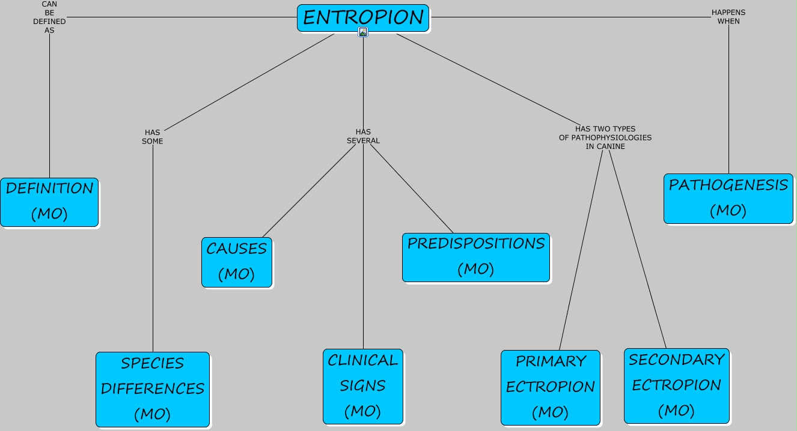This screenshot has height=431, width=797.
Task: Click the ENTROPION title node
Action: tap(363, 17)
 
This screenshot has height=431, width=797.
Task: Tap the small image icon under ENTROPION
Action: tap(363, 32)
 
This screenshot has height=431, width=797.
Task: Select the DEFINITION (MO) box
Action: tap(49, 202)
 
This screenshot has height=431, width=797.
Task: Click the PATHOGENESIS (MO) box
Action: tap(728, 198)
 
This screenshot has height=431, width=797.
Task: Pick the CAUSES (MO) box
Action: tap(237, 262)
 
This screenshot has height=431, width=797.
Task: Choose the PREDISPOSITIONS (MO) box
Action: tap(475, 257)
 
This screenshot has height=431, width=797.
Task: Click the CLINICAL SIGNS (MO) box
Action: tap(363, 386)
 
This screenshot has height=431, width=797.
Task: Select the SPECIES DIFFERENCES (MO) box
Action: tap(153, 389)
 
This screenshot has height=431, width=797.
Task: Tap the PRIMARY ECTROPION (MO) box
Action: tap(550, 387)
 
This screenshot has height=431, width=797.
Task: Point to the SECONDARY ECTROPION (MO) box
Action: tap(676, 385)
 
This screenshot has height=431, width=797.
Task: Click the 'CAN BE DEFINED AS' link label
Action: tap(49, 17)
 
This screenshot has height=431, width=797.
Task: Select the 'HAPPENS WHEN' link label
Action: tap(728, 17)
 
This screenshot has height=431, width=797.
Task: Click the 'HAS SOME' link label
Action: tap(153, 137)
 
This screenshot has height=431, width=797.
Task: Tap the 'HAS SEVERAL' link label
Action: tap(363, 136)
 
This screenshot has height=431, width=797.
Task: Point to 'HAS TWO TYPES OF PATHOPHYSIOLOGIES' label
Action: tap(605, 137)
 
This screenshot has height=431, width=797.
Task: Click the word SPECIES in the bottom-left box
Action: tap(153, 364)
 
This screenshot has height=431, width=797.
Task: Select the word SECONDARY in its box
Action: tap(676, 360)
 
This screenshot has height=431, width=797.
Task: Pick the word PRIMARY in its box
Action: tap(551, 361)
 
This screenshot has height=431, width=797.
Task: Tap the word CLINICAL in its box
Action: tap(363, 360)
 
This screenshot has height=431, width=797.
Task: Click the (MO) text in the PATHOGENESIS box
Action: tap(728, 211)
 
